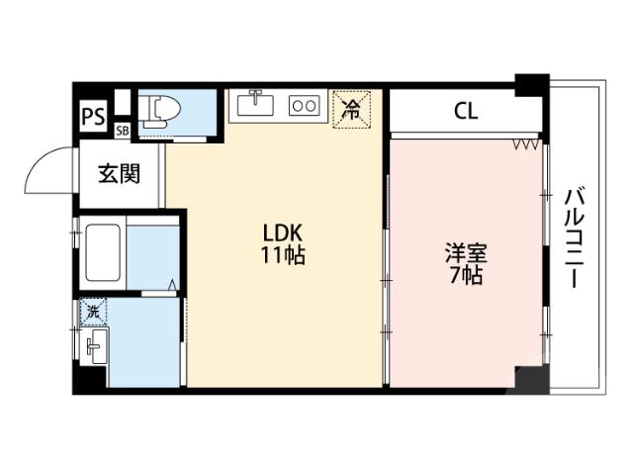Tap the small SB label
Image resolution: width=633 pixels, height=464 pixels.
coord(122,131)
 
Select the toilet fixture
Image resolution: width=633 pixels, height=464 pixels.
coord(158,112)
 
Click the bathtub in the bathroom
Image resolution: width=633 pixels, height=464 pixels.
coord(103,252)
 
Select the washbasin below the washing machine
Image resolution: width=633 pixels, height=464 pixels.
coord(95,347)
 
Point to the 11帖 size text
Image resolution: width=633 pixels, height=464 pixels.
coord(283,255)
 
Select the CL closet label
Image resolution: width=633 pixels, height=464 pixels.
coord(466,111)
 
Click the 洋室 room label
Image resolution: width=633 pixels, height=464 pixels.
coord(464,252)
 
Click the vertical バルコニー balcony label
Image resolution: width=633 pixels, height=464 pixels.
coord(575,237)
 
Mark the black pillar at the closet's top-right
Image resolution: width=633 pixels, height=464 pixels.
coord(532,84)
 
